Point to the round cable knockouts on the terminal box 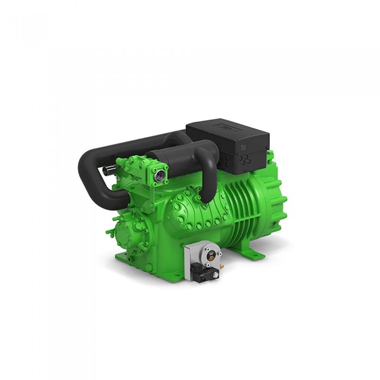245,160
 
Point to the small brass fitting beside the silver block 222,266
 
